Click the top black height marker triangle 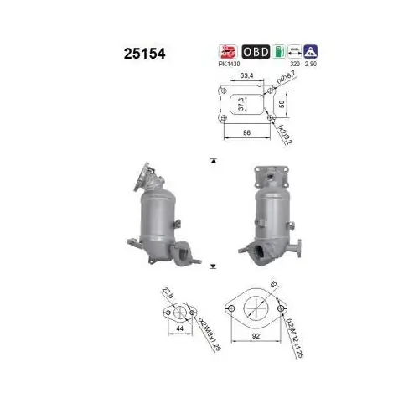(213, 159)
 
